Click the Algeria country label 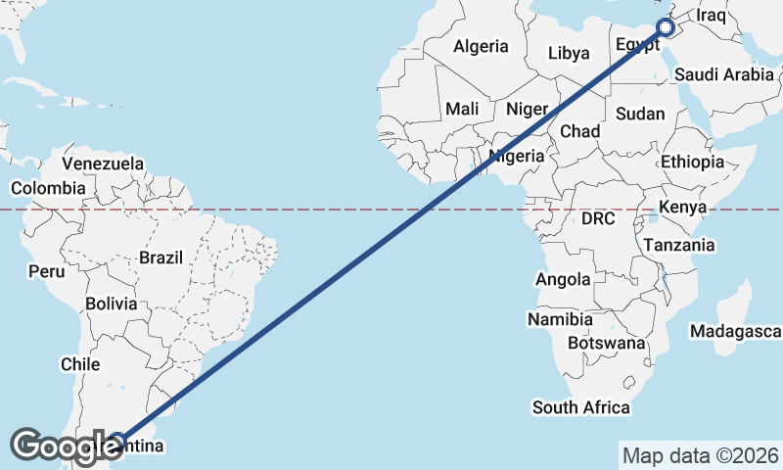[x=481, y=46]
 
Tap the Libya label [x=569, y=53]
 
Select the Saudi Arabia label [x=724, y=73]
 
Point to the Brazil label [x=161, y=258]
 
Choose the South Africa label [x=580, y=407]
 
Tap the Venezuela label [x=103, y=164]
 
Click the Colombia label [x=48, y=188]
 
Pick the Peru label [x=46, y=270]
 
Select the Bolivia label [x=111, y=304]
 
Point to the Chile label [x=80, y=364]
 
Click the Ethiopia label [x=692, y=162]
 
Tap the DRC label [x=597, y=218]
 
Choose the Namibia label [x=560, y=319]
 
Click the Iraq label [x=712, y=15]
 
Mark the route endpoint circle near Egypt [x=666, y=27]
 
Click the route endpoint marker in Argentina [x=117, y=440]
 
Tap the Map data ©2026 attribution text [x=700, y=455]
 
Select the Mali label [x=462, y=109]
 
